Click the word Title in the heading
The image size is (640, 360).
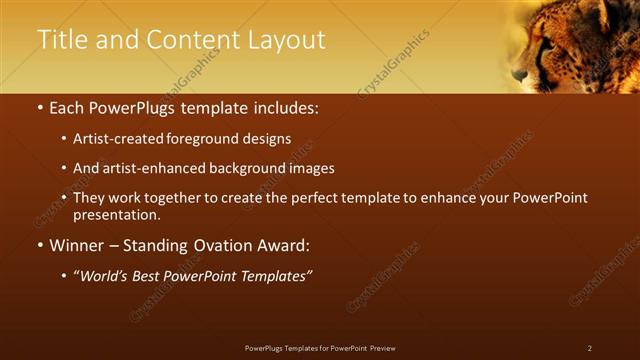(x=59, y=40)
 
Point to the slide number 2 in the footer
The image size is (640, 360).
(x=590, y=348)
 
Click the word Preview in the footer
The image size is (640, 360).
(x=382, y=348)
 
